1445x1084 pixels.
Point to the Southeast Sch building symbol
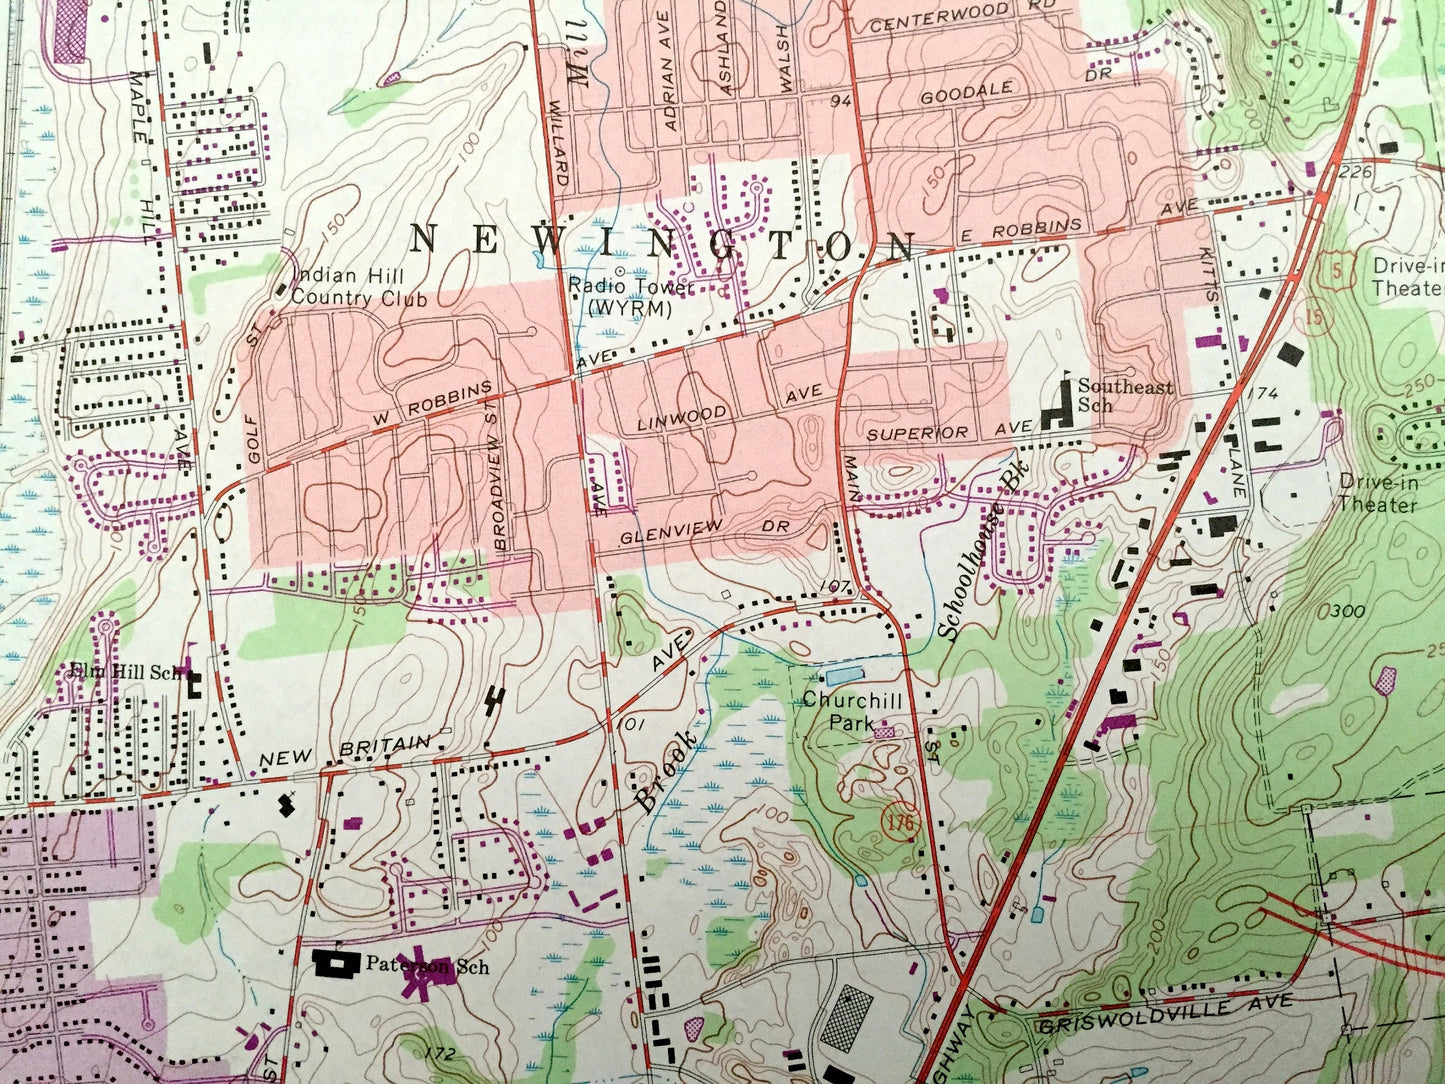tap(1054, 412)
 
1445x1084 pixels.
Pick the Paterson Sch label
tap(426, 966)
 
